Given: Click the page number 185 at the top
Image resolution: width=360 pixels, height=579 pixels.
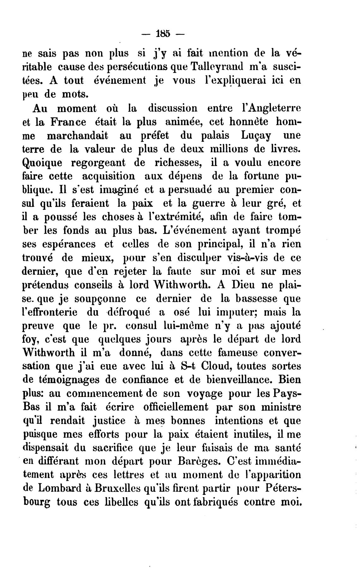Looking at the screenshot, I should [x=163, y=34].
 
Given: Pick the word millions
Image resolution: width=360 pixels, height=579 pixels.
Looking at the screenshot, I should [x=228, y=149].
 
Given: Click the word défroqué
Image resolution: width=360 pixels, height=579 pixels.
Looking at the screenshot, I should [x=129, y=312].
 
